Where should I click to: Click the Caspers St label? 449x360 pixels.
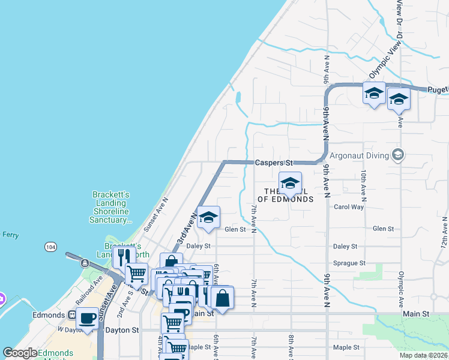[273, 163]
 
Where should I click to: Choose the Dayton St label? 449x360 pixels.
[122, 330]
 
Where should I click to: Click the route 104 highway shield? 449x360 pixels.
[50, 247]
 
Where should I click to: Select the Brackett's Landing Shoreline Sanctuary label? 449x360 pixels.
[110, 207]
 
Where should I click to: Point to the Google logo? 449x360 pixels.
[20, 353]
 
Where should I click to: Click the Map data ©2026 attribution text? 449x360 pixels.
[424, 355]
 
